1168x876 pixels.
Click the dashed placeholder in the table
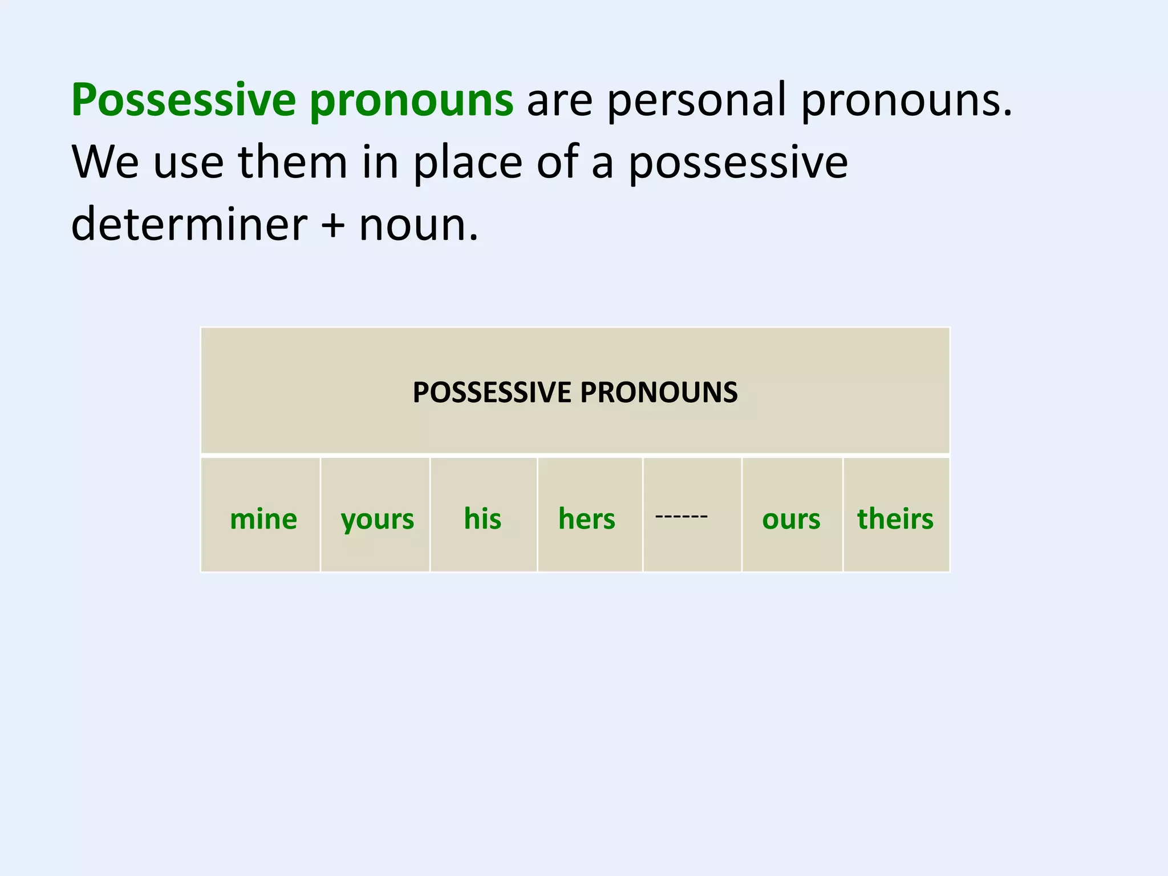682,516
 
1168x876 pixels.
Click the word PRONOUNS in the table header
659,392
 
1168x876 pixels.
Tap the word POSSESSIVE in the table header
492,392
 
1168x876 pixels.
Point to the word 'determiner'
189,224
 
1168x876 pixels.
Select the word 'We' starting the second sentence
106,163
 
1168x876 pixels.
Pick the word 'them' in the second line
292,163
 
